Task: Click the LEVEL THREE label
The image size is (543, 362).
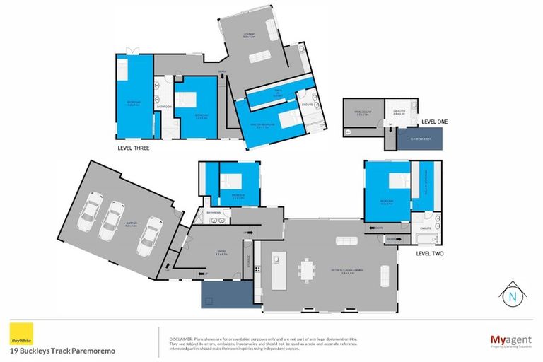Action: tap(138, 149)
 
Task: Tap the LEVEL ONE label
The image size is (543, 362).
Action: tap(435, 122)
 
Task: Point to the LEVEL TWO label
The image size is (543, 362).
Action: tap(431, 252)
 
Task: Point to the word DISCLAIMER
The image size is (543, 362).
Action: tap(177, 329)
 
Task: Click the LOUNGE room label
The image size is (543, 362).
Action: tap(250, 33)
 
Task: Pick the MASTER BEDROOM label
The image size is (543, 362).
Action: tap(264, 127)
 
